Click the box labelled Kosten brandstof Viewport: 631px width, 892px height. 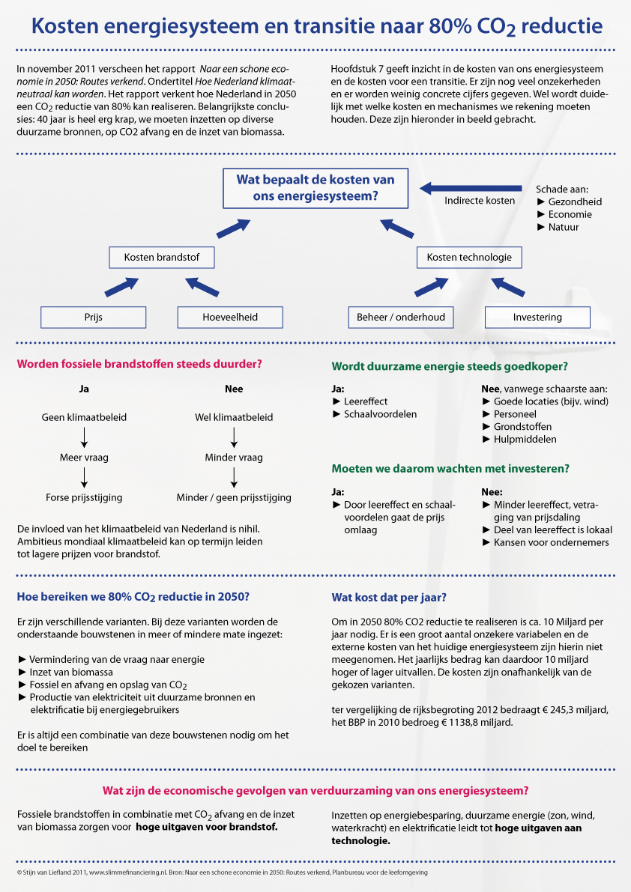click(x=162, y=257)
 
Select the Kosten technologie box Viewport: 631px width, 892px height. click(x=469, y=257)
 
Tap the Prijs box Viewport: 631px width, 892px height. click(x=94, y=318)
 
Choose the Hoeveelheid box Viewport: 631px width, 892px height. click(x=230, y=318)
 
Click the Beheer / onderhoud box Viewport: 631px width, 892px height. click(x=401, y=318)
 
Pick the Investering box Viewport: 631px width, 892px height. click(x=537, y=318)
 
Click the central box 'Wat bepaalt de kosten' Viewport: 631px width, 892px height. click(x=315, y=188)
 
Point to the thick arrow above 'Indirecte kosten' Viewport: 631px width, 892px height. click(x=471, y=188)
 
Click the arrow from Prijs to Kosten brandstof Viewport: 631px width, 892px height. click(x=121, y=287)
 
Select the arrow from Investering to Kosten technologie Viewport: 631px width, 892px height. click(x=507, y=287)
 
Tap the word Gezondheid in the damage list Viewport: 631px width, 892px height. click(x=575, y=202)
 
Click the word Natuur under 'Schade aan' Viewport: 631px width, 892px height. click(x=564, y=227)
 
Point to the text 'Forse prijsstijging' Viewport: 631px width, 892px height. click(x=84, y=498)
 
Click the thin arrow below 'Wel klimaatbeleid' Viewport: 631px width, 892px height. click(x=234, y=437)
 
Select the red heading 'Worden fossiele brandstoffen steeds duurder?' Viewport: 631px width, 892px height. click(x=139, y=364)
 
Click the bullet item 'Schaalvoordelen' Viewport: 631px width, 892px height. click(x=380, y=414)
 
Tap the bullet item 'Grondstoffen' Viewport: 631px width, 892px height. click(x=522, y=427)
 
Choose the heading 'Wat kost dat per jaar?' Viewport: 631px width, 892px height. click(x=389, y=598)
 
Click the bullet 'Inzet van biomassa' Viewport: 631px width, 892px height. click(x=71, y=673)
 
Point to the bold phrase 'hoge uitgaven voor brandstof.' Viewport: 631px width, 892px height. click(x=207, y=827)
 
